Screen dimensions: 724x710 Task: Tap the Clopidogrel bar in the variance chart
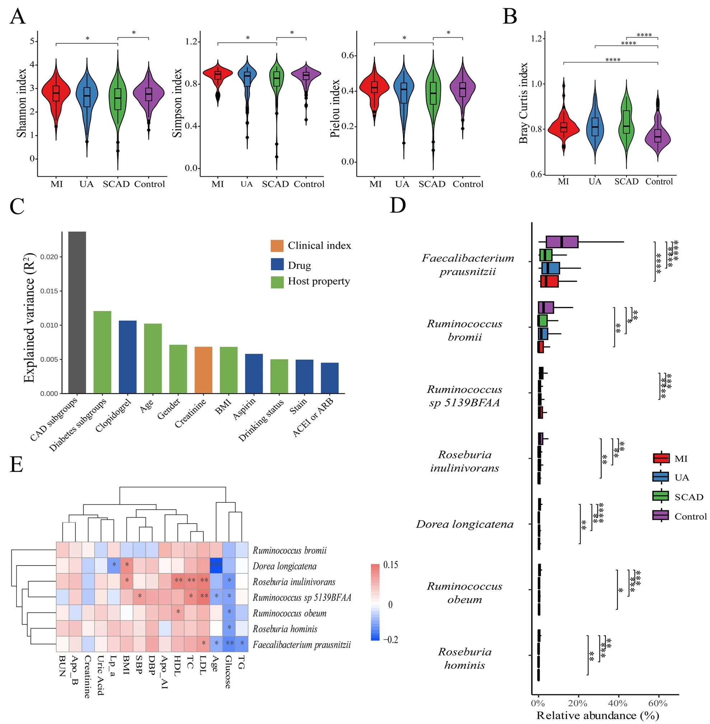127,357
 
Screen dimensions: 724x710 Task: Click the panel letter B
510,17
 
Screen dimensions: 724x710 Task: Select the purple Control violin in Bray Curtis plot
658,135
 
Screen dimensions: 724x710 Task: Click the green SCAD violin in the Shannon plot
118,99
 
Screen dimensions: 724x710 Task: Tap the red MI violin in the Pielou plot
374,88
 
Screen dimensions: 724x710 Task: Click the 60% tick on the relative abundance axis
658,703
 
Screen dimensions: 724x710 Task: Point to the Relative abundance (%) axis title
597,715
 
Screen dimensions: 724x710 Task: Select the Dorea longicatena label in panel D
464,524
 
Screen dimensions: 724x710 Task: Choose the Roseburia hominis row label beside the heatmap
285,629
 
